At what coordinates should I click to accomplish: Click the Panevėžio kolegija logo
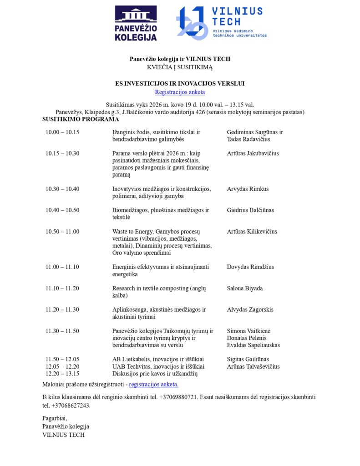[136, 23]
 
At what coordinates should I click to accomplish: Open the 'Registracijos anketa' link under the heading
[180, 92]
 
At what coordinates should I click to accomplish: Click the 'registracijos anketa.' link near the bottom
[154, 384]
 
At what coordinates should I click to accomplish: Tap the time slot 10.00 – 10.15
[62, 132]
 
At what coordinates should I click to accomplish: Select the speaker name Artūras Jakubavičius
[253, 153]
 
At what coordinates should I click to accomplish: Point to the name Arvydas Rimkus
[248, 189]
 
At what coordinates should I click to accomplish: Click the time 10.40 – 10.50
[62, 210]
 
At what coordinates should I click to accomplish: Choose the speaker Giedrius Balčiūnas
[250, 210]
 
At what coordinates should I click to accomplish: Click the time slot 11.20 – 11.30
[62, 309]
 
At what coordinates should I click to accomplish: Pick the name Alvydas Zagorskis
[250, 309]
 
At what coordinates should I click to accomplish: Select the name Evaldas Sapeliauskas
[254, 345]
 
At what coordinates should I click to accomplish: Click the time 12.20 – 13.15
[62, 374]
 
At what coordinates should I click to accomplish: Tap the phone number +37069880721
[178, 397]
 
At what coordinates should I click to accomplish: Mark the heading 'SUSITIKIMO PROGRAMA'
[81, 119]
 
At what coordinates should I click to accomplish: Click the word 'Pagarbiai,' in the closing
[55, 418]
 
